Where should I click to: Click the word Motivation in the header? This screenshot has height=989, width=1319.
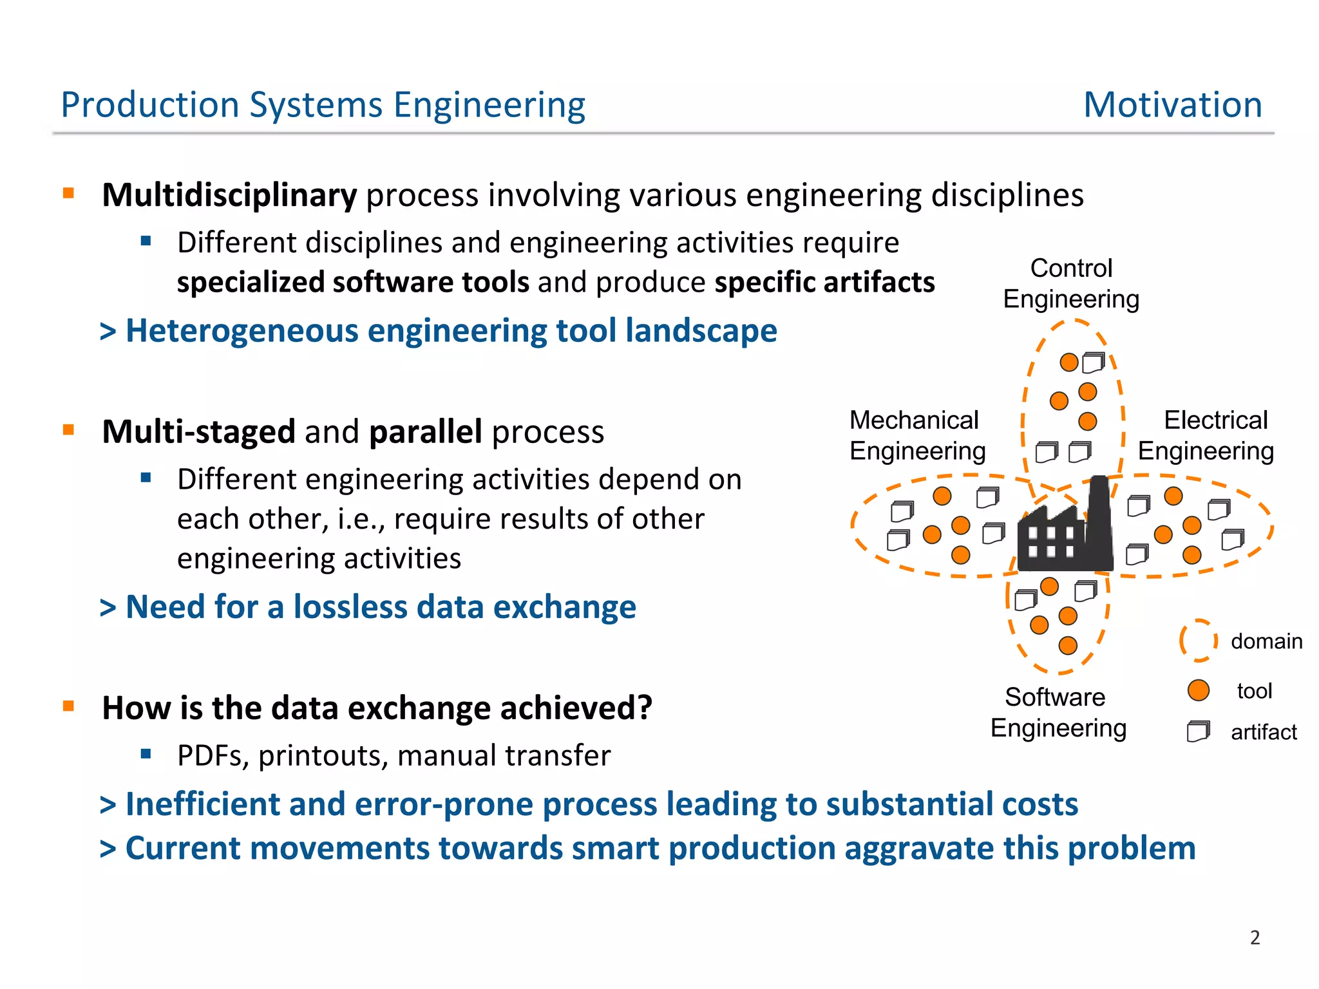(1172, 104)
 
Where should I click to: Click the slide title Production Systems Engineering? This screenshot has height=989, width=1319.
(323, 104)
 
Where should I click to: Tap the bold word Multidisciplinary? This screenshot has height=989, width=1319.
(229, 195)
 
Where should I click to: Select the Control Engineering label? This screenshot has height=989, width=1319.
(1071, 283)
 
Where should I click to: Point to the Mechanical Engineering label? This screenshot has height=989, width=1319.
(916, 435)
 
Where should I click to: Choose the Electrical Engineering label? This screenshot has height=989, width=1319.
(1206, 435)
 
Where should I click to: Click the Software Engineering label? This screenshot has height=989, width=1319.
(1058, 712)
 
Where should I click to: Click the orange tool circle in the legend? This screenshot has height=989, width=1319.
(1198, 690)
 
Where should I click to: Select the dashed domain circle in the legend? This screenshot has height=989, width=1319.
(1198, 641)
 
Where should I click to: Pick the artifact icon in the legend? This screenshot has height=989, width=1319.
(1198, 731)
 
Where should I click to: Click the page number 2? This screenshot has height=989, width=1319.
(1255, 937)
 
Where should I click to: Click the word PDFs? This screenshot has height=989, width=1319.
(213, 755)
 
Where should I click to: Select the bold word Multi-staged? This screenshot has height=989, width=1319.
(198, 431)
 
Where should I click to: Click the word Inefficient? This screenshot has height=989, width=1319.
(201, 804)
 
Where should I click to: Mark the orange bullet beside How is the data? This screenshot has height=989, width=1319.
(68, 706)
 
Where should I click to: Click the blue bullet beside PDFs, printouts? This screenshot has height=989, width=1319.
(146, 753)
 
